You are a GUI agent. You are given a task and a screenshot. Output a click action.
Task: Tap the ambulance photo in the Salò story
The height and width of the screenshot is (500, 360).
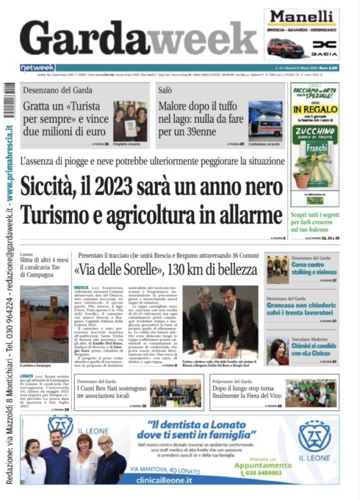point(264,119)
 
